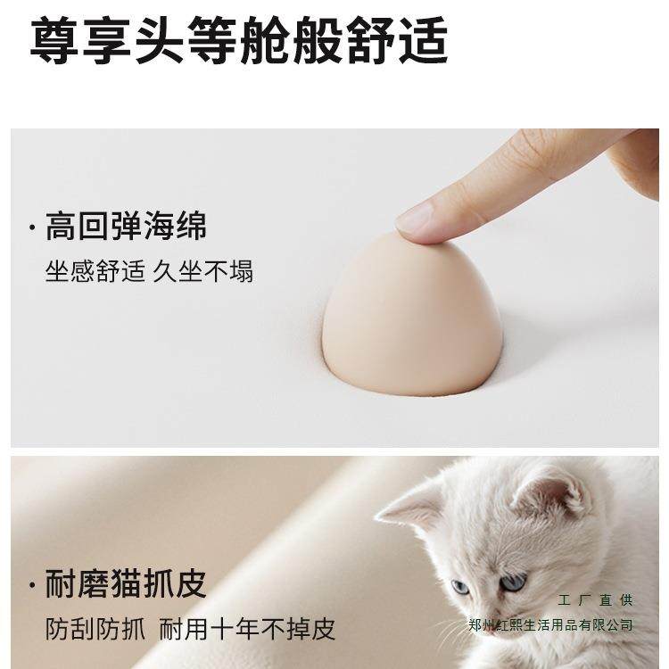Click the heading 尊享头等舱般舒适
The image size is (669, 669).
[238, 40]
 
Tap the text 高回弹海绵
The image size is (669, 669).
[126, 227]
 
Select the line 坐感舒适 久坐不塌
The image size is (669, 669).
[149, 271]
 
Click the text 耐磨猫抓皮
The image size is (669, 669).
[126, 584]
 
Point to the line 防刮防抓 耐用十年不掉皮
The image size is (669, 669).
[190, 630]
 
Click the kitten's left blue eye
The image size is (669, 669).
[460, 586]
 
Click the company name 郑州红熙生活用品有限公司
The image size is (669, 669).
[550, 624]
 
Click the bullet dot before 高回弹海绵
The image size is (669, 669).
[34, 228]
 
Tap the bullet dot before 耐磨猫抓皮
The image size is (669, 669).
[34, 586]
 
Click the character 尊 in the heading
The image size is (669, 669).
[54, 40]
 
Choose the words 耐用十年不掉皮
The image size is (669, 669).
[248, 630]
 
